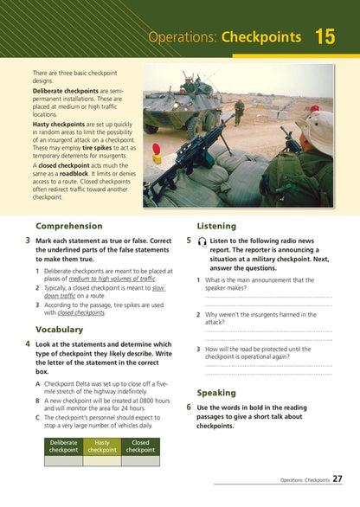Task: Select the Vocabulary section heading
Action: point(60,329)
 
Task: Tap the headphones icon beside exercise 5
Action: point(202,241)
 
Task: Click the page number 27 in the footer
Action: point(337,478)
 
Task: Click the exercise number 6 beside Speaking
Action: point(189,406)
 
